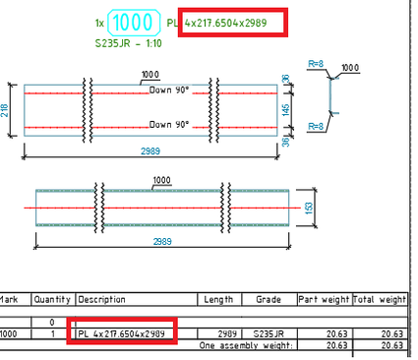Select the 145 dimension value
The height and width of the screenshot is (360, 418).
[284, 109]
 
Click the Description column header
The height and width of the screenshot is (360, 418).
[101, 299]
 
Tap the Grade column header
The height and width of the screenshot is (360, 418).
[268, 299]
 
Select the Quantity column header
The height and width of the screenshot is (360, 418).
[51, 299]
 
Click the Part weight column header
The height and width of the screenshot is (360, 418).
[324, 299]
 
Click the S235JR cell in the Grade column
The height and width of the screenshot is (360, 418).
[268, 334]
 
